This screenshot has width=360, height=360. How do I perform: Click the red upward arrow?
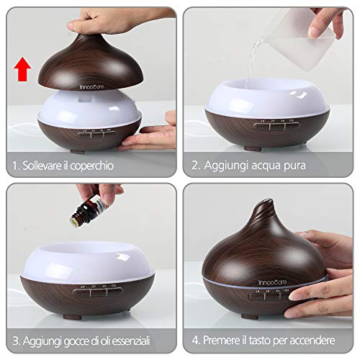[24, 71]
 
